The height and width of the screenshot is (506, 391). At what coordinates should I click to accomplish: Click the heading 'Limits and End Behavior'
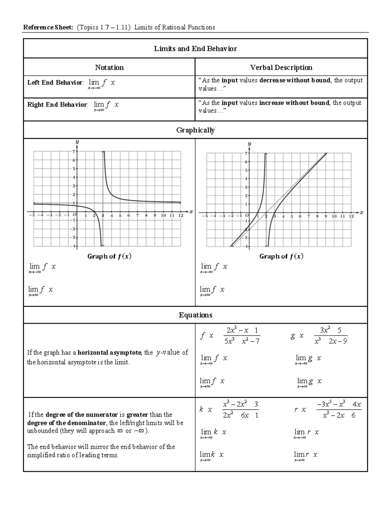click(195, 49)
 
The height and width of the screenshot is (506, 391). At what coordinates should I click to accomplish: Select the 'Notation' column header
click(109, 67)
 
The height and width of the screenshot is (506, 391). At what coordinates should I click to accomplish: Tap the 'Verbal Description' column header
click(281, 67)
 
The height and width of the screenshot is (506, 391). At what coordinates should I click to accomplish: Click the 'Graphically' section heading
click(195, 130)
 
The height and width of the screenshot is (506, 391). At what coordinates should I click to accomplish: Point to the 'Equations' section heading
click(195, 315)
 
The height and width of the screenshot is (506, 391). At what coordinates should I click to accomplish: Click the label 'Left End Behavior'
click(55, 83)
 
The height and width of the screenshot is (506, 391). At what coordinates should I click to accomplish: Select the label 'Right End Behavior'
click(57, 105)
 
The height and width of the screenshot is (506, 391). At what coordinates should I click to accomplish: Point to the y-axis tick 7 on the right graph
click(246, 153)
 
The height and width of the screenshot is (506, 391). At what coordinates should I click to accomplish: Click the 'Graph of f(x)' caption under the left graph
click(109, 256)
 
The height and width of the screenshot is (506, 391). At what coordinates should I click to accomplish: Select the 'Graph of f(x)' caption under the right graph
click(281, 256)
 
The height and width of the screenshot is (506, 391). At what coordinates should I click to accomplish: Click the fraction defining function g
click(331, 336)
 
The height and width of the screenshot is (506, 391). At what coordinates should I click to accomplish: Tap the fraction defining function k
click(240, 410)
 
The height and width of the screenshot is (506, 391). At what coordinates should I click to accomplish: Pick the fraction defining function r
click(339, 410)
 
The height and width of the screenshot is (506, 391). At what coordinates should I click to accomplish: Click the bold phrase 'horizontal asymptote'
click(109, 353)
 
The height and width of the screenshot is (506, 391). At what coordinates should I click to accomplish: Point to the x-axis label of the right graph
click(361, 212)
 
